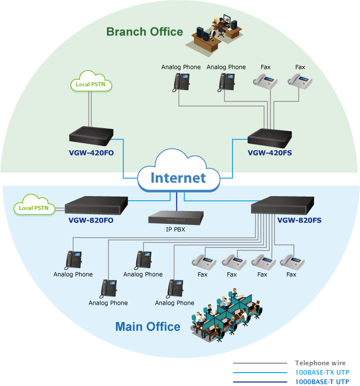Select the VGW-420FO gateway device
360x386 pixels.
tap(91, 136)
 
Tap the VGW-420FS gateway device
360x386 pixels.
tap(269, 136)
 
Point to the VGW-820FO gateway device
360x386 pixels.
tap(96, 206)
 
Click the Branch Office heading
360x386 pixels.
tap(145, 32)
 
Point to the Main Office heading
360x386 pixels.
tap(148, 327)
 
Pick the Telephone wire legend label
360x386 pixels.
tap(320, 363)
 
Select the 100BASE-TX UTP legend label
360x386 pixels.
tap(321, 372)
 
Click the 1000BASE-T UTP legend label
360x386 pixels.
tap(321, 382)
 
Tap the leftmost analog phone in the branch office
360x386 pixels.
tap(181, 82)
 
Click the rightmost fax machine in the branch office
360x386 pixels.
tap(300, 81)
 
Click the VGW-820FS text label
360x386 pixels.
tap(299, 221)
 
